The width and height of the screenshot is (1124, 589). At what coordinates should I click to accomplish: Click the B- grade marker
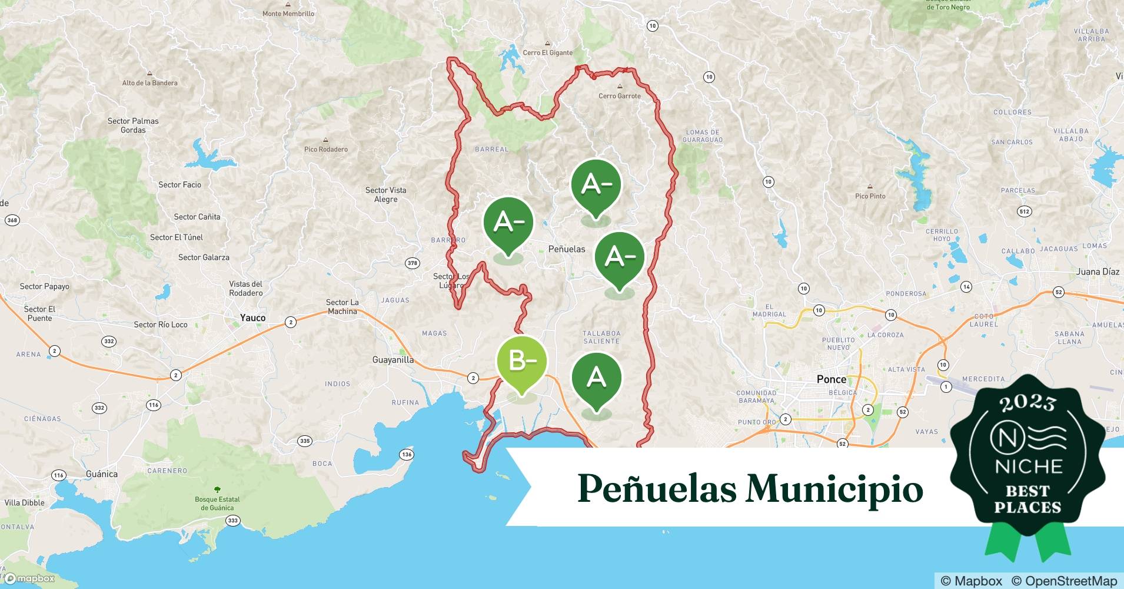click(521, 360)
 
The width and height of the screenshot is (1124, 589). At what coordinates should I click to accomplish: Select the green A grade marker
click(596, 377)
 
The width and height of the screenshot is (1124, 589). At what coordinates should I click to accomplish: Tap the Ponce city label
click(831, 379)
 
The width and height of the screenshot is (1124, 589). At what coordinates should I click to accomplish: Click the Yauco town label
click(252, 318)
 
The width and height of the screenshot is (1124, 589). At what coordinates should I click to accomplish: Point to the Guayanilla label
click(393, 360)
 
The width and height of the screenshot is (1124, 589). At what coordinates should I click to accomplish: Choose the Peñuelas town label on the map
click(567, 249)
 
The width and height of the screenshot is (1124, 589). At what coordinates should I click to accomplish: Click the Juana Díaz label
click(1098, 272)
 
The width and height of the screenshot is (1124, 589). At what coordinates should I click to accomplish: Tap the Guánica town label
click(101, 474)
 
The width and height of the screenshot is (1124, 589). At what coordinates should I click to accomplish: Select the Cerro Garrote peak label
click(619, 96)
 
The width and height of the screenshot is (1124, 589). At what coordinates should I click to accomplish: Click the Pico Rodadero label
click(325, 149)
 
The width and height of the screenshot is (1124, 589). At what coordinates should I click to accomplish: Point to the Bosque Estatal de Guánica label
click(217, 504)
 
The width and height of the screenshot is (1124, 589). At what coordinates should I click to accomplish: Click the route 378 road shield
click(412, 263)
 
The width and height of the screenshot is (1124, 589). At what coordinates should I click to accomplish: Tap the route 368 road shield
click(12, 220)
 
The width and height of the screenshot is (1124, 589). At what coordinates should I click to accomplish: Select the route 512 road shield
click(1024, 211)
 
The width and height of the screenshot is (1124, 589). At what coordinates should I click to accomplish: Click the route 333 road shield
click(233, 520)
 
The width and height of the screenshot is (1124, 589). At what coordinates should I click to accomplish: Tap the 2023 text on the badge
click(1027, 402)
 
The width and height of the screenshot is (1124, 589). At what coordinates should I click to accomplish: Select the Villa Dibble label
click(24, 502)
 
